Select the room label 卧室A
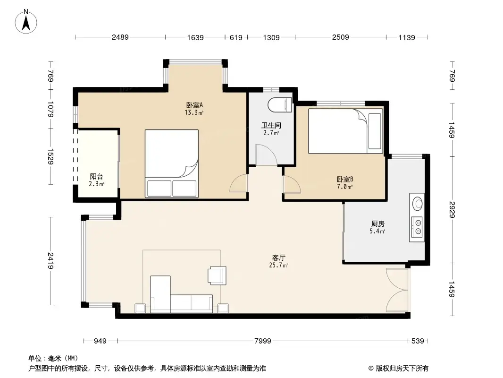pyautogui.click(x=194, y=105)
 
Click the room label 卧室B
pyautogui.click(x=345, y=180)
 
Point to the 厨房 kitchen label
pyautogui.click(x=377, y=224)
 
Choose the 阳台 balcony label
pyautogui.click(x=97, y=177)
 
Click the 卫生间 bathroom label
pyautogui.click(x=271, y=126)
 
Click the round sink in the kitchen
pyautogui.click(x=418, y=204)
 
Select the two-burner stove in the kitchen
pyautogui.click(x=418, y=227)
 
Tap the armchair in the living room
pyautogui.click(x=217, y=275)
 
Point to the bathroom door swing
pyautogui.click(x=267, y=155)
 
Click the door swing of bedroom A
pyautogui.click(x=239, y=184)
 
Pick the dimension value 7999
pyautogui.click(x=262, y=341)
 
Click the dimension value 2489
pyautogui.click(x=120, y=37)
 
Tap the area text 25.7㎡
pyautogui.click(x=279, y=266)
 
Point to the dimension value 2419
pyautogui.click(x=50, y=260)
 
